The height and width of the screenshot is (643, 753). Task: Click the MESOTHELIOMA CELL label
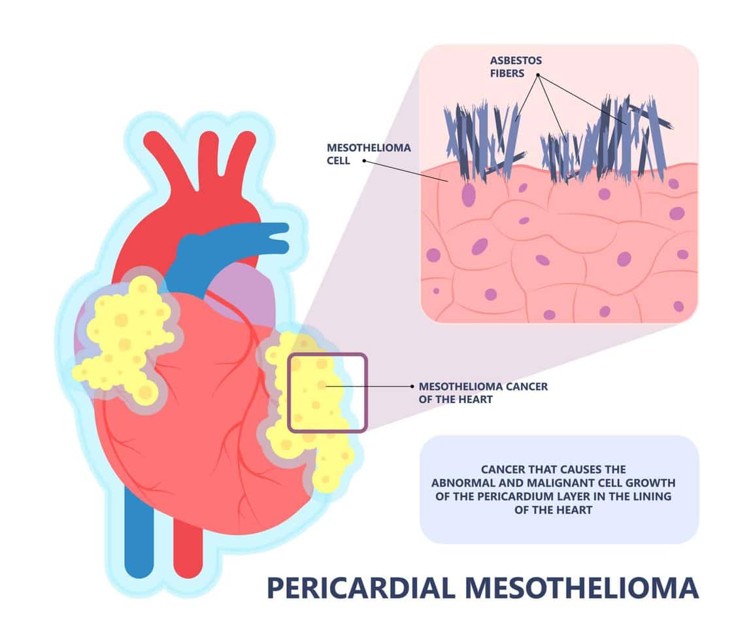tap(369, 154)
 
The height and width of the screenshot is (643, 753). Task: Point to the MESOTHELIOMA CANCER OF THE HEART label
tap(482, 392)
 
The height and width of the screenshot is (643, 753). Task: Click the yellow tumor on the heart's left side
tap(124, 340)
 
